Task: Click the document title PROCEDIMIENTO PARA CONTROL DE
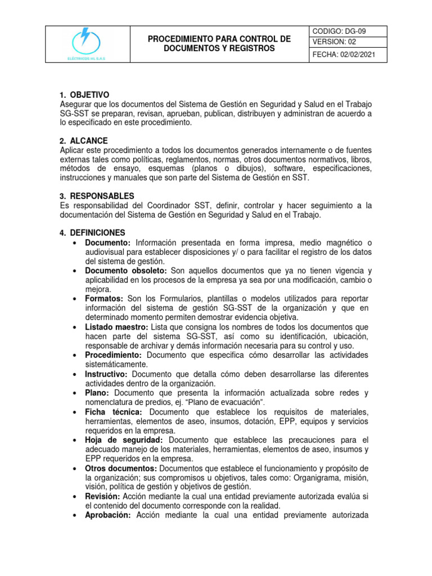click(219, 39)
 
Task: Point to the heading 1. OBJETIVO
click(84, 94)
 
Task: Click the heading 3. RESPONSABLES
click(97, 196)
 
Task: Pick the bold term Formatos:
click(105, 298)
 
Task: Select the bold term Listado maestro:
click(116, 327)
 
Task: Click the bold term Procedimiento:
click(115, 355)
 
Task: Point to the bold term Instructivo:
click(106, 374)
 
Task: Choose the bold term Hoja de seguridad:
click(124, 440)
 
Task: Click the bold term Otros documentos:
click(121, 469)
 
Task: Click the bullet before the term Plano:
click(75, 393)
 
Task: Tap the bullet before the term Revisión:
click(75, 496)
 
